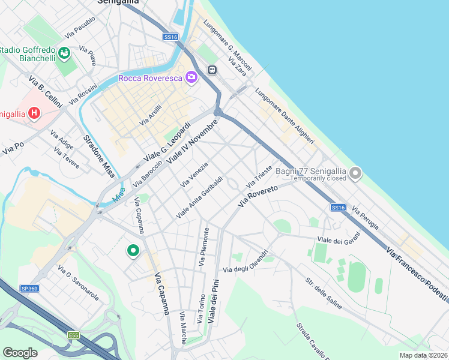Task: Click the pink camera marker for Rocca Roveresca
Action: (x=191, y=77)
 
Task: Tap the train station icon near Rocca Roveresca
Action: (x=212, y=70)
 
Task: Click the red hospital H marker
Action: (x=34, y=113)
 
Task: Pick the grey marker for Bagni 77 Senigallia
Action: (x=355, y=174)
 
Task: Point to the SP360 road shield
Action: (x=29, y=288)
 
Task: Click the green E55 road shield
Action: (x=74, y=334)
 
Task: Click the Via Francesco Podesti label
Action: (x=417, y=274)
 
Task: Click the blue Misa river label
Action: (x=119, y=194)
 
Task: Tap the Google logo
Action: (x=20, y=352)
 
